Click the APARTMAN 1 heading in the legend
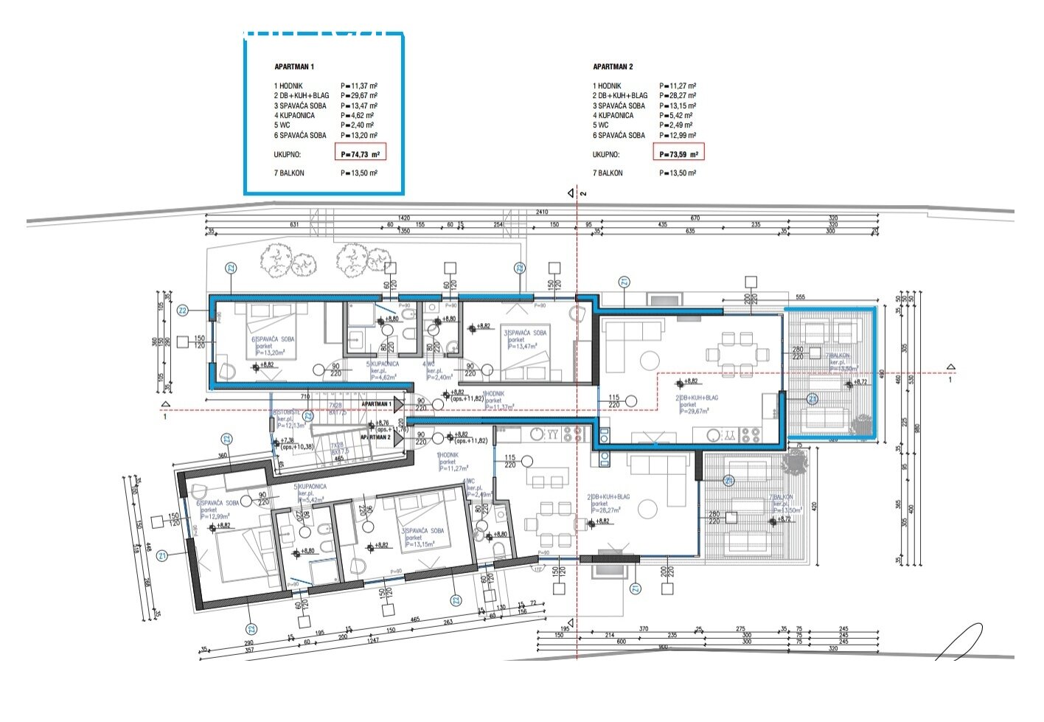294,66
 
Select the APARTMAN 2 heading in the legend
613,66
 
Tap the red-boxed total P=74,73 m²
360,154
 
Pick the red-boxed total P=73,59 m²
678,154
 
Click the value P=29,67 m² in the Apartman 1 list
359,96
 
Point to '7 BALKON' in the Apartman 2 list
608,173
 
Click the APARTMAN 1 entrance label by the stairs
377,404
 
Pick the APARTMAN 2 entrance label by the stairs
375,437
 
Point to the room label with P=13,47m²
525,339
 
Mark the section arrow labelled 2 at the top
571,193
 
